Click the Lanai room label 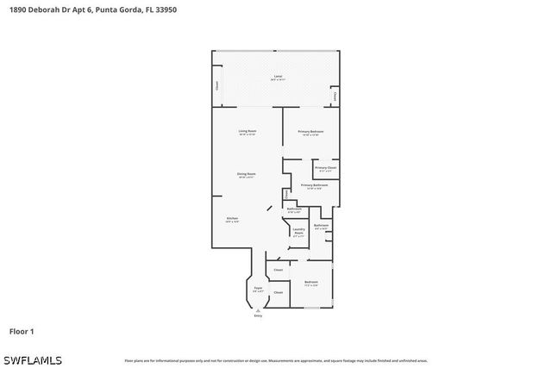[x=278, y=78]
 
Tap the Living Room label [x=248, y=132]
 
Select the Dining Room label [x=247, y=174]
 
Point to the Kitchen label [x=232, y=219]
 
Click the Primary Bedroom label [x=310, y=132]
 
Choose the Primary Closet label [x=325, y=169]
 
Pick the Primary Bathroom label [x=314, y=186]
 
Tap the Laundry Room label [x=298, y=233]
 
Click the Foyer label [x=257, y=289]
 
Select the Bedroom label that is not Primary [x=310, y=283]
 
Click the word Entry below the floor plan [x=258, y=317]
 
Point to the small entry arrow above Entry [x=258, y=311]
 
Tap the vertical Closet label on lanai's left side [x=216, y=85]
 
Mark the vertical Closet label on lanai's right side [x=335, y=97]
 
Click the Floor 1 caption [x=22, y=331]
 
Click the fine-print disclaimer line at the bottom [x=276, y=360]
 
